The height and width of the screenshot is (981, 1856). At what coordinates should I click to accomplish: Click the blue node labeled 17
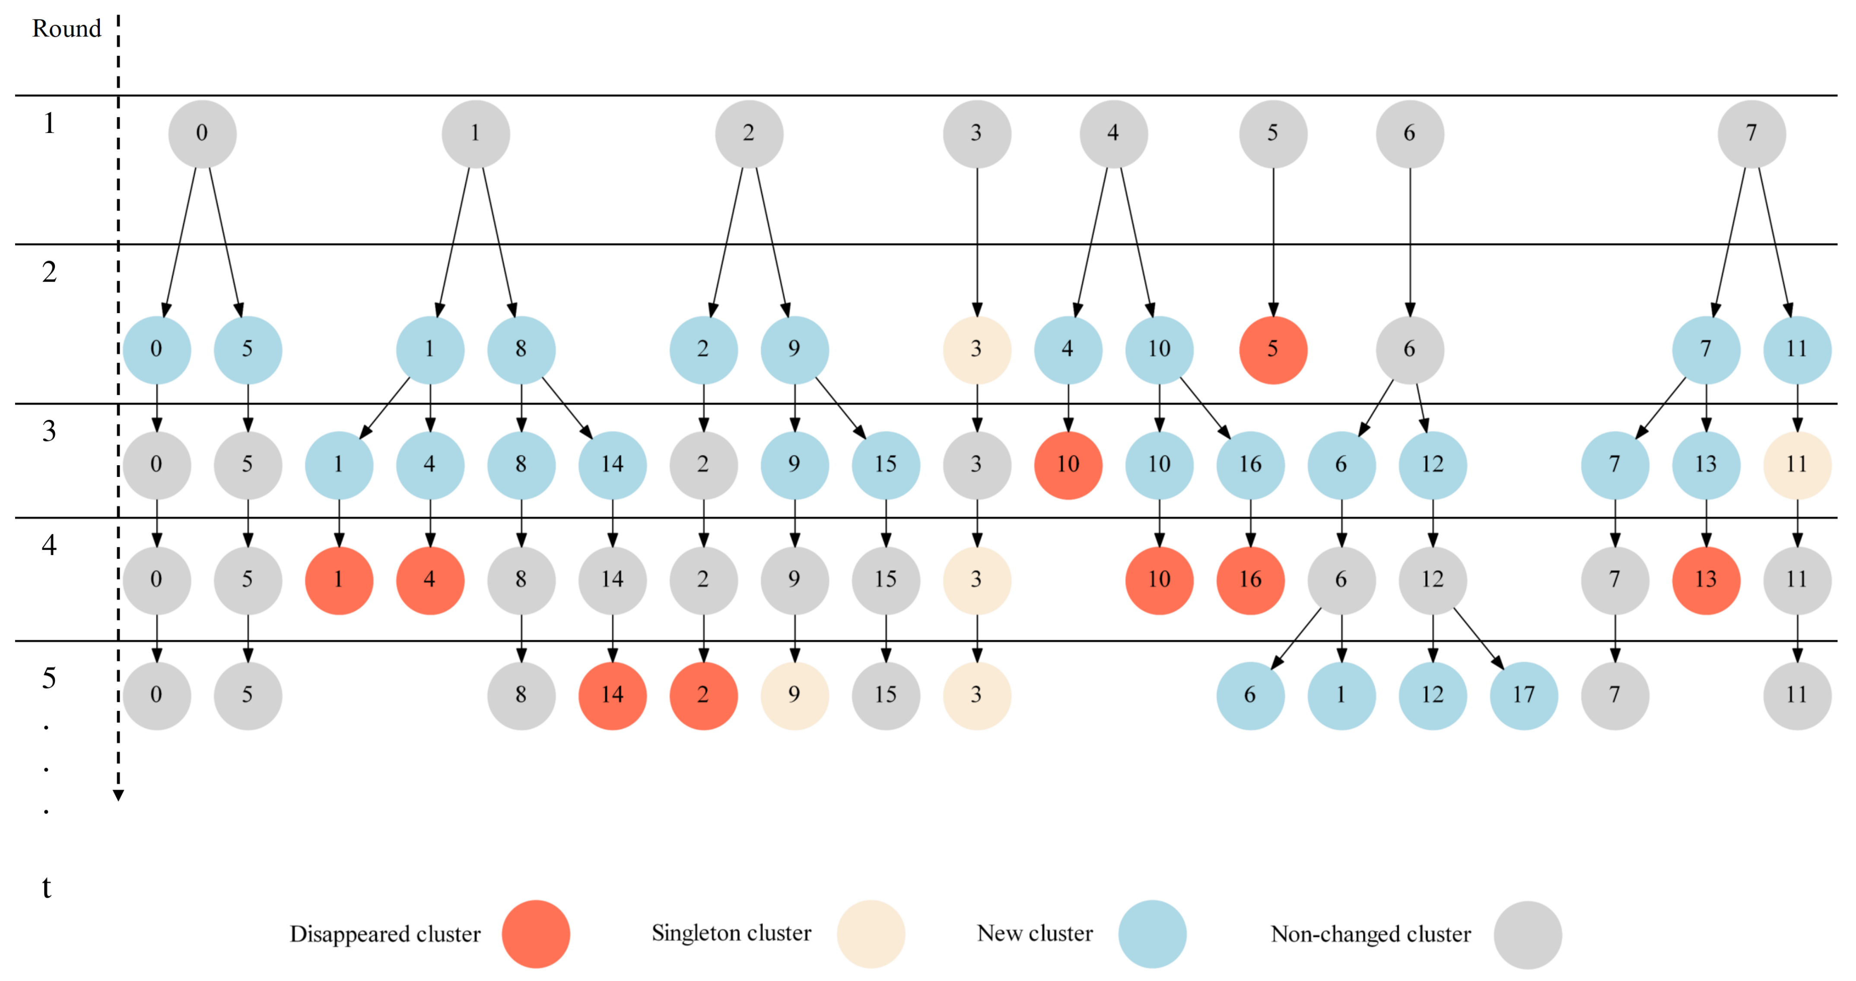[1523, 695]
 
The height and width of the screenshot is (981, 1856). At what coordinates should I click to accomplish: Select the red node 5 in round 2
[1272, 349]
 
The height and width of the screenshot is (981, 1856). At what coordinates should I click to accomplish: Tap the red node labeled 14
[612, 695]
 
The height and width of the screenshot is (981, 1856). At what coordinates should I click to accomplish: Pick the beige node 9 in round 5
[794, 695]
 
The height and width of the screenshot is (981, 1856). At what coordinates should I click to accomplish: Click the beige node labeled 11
[1797, 464]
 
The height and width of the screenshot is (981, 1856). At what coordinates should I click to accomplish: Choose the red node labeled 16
[1250, 580]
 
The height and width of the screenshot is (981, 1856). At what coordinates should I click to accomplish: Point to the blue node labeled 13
[1705, 464]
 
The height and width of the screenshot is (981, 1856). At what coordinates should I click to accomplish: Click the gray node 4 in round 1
[1113, 133]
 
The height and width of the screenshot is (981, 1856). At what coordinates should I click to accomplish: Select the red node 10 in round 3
[1068, 464]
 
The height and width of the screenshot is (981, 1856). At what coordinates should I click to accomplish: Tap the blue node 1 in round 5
[1341, 695]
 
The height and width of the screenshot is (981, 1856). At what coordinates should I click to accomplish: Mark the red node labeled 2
[703, 695]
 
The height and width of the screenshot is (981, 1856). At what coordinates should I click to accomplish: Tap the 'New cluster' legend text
[1034, 933]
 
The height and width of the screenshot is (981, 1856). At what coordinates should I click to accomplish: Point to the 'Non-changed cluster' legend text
[1370, 934]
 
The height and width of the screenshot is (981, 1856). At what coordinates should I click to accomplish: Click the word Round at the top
[66, 29]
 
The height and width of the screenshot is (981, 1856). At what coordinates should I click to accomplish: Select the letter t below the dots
[47, 887]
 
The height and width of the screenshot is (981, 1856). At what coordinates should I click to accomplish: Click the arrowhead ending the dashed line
[118, 795]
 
